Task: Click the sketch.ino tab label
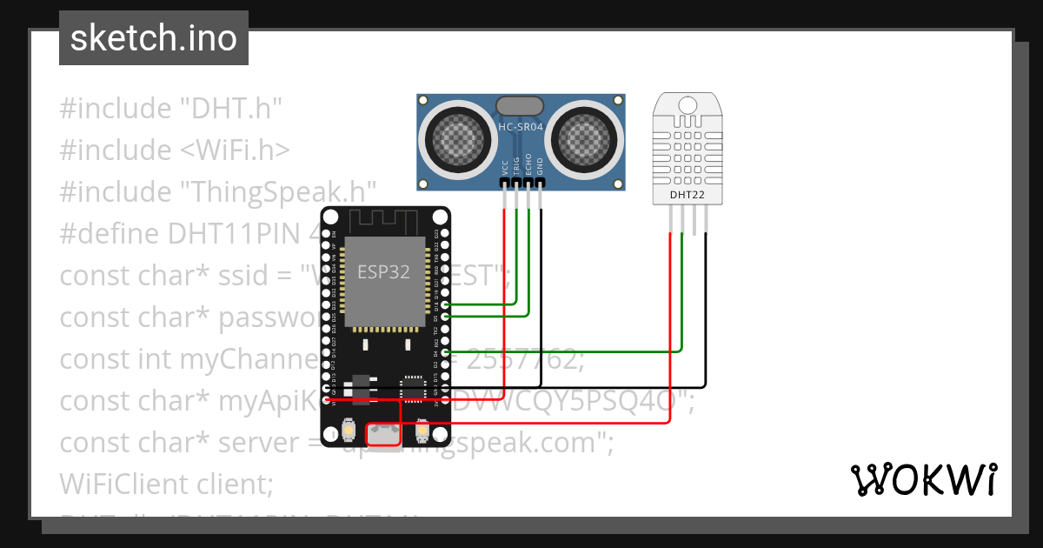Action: (x=153, y=38)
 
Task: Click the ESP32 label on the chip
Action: (x=383, y=271)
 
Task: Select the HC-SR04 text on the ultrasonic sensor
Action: (x=521, y=128)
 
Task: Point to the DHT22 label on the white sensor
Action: (x=687, y=195)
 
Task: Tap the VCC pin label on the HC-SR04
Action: (x=505, y=167)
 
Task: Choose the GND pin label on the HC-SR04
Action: (x=540, y=167)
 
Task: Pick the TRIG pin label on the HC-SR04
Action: (x=516, y=167)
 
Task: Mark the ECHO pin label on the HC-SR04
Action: (x=528, y=167)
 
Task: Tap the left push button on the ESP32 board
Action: (x=348, y=431)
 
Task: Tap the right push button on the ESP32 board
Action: (x=422, y=431)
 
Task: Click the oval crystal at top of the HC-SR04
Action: (x=521, y=106)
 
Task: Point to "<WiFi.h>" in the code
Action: (x=235, y=150)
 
